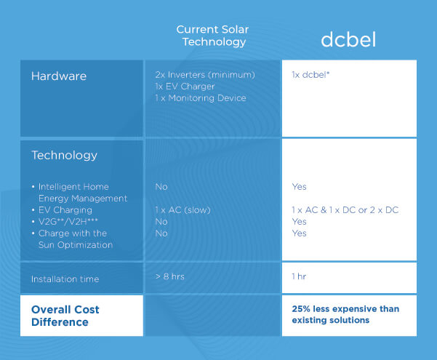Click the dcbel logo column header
[x=348, y=39]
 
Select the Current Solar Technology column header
[x=212, y=36]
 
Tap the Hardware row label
[x=59, y=76]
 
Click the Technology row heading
[x=65, y=156]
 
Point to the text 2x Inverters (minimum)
[x=205, y=75]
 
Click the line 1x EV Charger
[x=185, y=87]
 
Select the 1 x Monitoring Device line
[x=201, y=98]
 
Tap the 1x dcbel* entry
[x=310, y=75]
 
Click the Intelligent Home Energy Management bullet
[x=80, y=193]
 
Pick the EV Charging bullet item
[x=62, y=210]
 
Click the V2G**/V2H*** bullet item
[x=65, y=222]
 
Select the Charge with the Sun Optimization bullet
[x=73, y=239]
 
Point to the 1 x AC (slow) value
[x=183, y=210]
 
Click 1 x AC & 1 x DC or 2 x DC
[x=345, y=210]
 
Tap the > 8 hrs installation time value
[x=169, y=276]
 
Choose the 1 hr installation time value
[x=299, y=276]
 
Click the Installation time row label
[x=65, y=279]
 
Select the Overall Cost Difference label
[x=65, y=316]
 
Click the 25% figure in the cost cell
[x=301, y=309]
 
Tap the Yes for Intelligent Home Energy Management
[x=300, y=187]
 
